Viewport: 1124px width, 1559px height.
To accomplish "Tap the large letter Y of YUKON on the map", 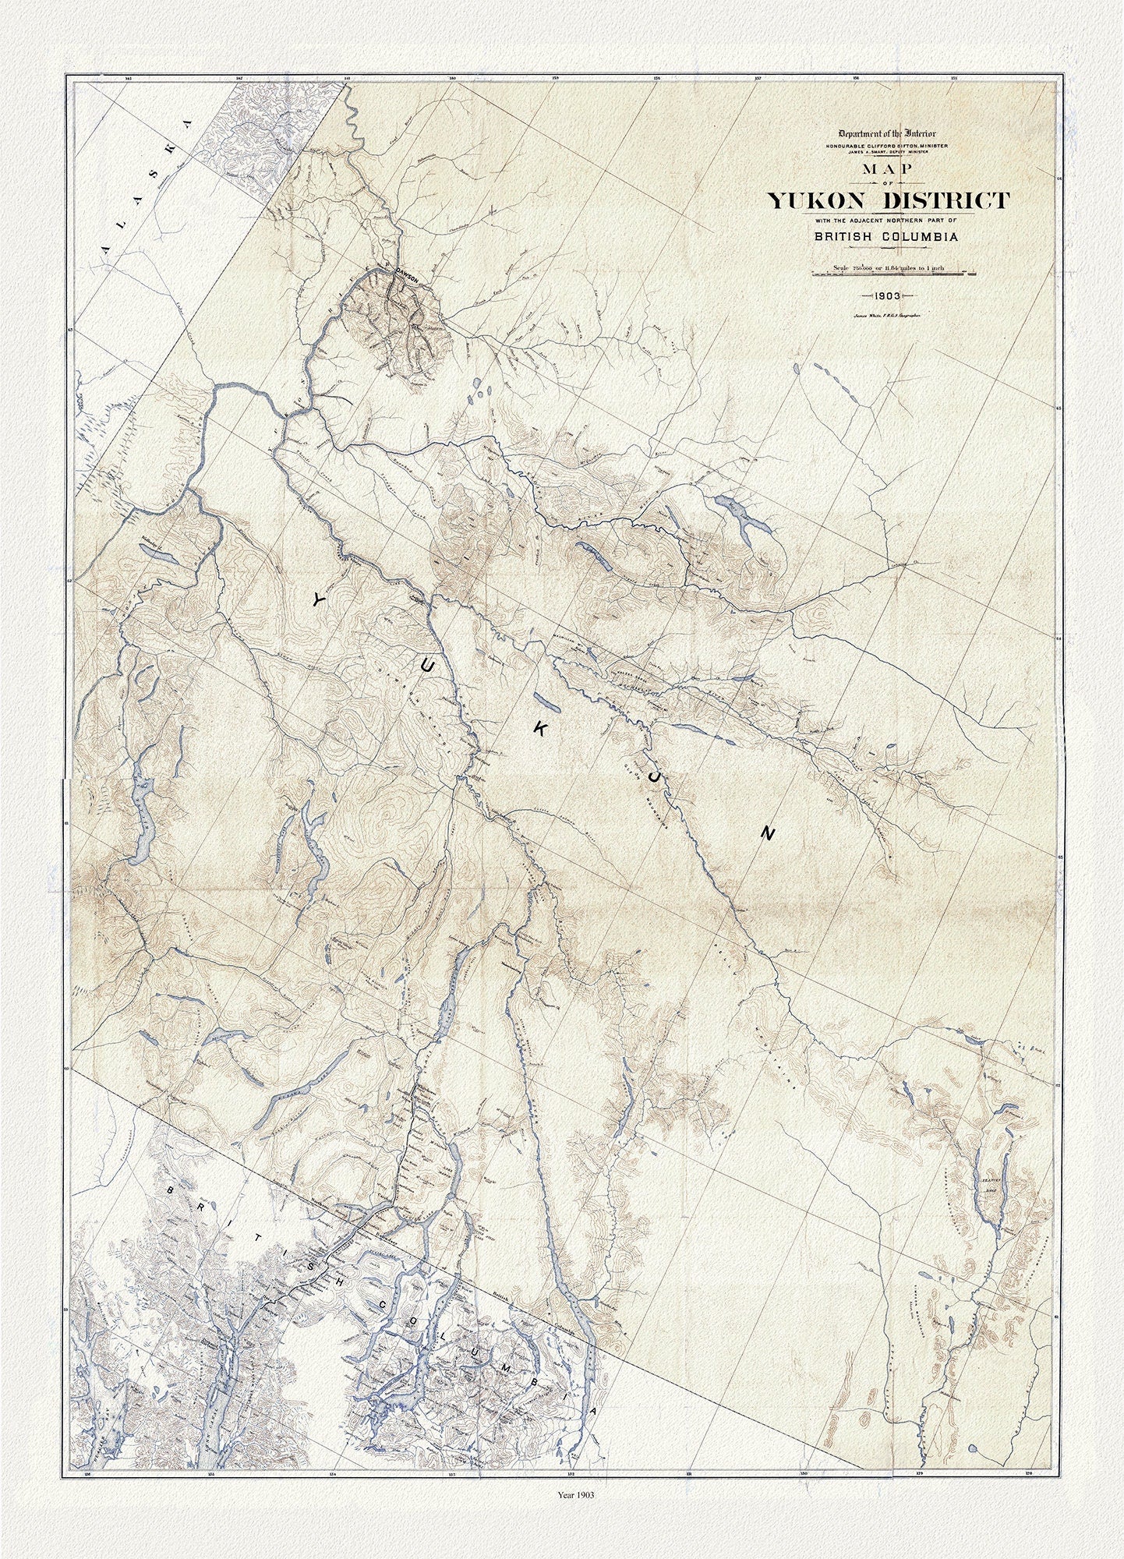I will coord(318,599).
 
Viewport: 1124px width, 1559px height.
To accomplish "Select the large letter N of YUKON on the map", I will coord(768,834).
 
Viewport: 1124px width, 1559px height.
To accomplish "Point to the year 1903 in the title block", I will coord(887,296).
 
